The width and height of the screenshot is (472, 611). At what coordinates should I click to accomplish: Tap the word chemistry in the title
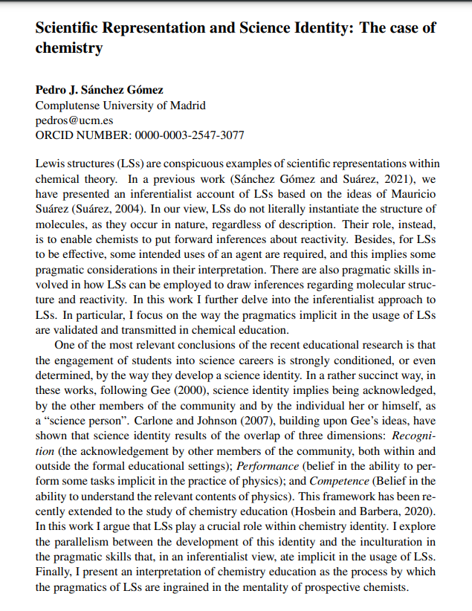(69, 48)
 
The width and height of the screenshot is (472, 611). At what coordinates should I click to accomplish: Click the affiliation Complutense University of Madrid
(120, 106)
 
